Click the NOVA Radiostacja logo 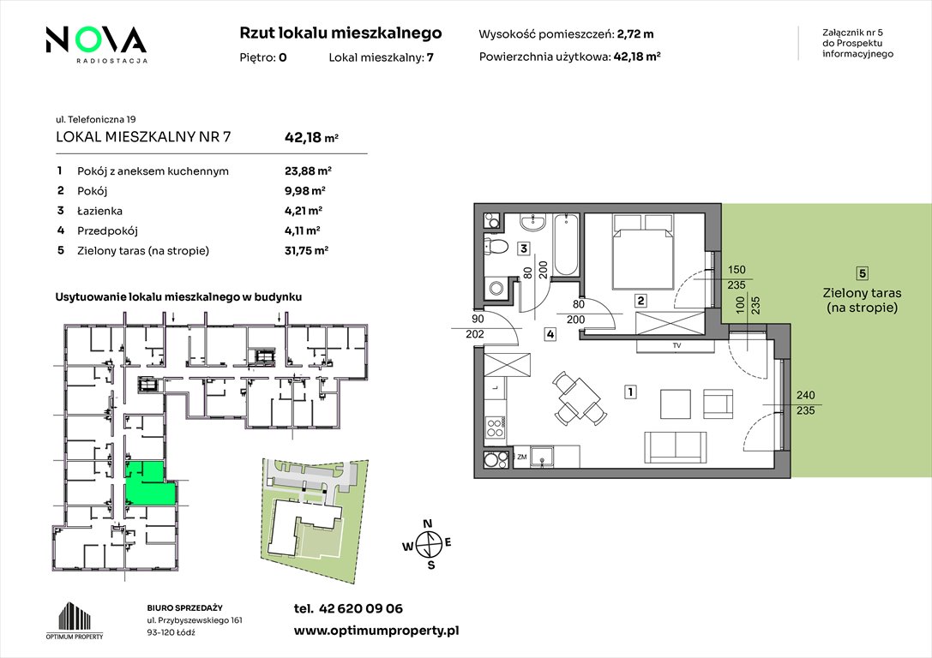point(96,45)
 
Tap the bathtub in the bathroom point(566,245)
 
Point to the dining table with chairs point(575,398)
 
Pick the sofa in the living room point(676,446)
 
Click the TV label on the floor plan point(676,345)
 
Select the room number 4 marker point(550,334)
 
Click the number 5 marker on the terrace point(862,273)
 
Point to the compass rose point(427,544)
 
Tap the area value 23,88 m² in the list point(308,171)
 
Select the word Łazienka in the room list point(99,211)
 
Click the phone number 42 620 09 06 point(361,608)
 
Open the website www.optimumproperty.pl point(376,631)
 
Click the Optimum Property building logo point(75,620)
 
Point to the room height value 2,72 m point(635,34)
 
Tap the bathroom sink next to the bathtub point(532,224)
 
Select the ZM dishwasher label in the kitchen point(522,458)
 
